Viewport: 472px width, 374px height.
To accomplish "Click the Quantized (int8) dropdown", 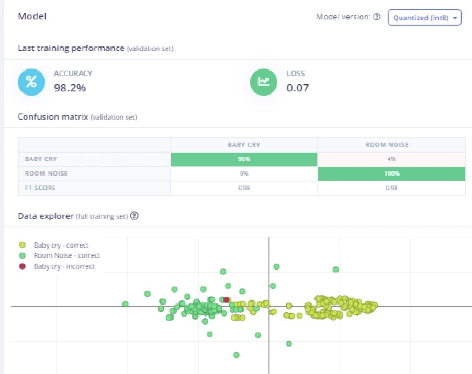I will [424, 17].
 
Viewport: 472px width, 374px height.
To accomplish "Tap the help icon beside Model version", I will [377, 17].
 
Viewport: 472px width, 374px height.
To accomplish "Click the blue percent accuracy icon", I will [31, 82].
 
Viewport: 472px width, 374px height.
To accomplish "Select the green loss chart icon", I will [263, 82].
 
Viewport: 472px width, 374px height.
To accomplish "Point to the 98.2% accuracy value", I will [70, 88].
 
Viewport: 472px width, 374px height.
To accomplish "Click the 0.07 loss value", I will [297, 88].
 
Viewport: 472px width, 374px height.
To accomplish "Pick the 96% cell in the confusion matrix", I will [244, 159].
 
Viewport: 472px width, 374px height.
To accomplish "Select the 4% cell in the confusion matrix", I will [391, 159].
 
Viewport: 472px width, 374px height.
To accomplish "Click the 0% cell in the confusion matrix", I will [244, 173].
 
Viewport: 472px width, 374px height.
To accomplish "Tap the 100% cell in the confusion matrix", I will [391, 173].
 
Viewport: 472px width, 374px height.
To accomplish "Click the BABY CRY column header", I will [244, 145].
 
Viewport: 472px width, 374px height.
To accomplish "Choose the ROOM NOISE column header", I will [391, 145].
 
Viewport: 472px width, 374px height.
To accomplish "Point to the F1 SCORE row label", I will [38, 188].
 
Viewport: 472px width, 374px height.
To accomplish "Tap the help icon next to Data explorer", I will [134, 216].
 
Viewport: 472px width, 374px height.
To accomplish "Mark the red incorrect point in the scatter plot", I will [226, 300].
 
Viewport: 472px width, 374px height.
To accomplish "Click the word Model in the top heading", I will [32, 16].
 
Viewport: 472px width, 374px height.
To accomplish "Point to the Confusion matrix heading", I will [53, 117].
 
